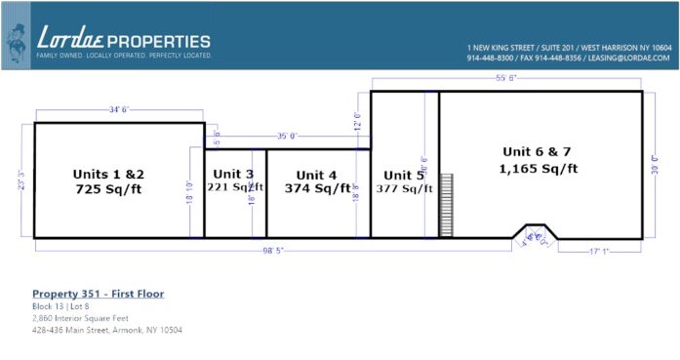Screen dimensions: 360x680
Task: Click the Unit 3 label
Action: (234, 174)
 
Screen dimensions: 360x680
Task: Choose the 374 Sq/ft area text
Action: (318, 188)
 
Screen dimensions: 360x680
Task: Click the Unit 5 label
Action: (404, 176)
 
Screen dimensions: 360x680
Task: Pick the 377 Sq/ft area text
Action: (404, 189)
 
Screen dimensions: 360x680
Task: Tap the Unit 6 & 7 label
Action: (540, 151)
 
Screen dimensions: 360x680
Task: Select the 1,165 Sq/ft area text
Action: (540, 168)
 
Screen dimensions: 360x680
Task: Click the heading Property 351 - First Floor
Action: (98, 293)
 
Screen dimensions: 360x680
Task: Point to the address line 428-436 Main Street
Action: (107, 330)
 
